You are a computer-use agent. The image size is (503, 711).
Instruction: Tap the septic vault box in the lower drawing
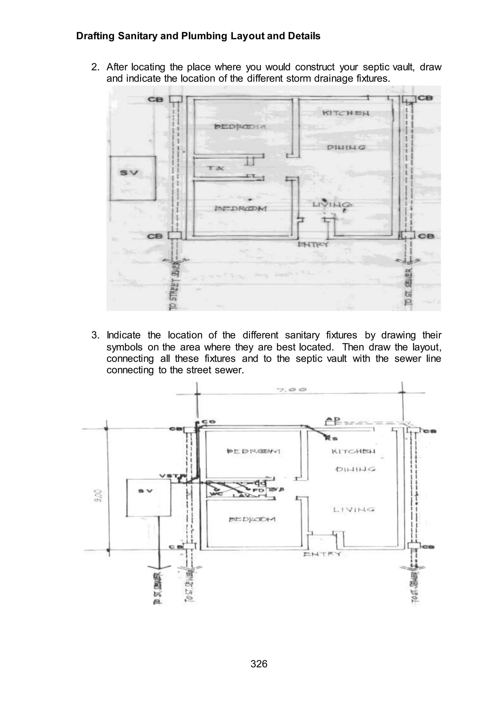tap(148, 498)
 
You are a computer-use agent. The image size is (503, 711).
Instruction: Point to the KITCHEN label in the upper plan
tap(346, 113)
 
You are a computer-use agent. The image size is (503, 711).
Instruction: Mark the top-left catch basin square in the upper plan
tap(175, 99)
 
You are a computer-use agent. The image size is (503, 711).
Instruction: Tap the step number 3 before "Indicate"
tap(95, 335)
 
